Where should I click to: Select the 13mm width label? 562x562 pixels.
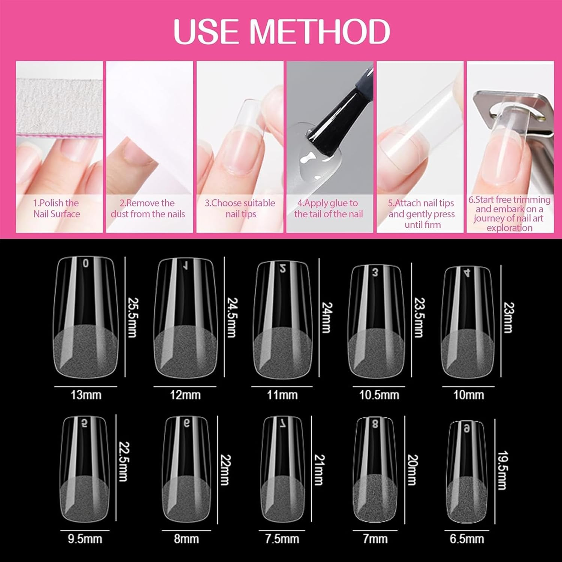click(86, 395)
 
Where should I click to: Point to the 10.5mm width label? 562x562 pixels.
click(379, 395)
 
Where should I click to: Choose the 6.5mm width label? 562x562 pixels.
click(467, 539)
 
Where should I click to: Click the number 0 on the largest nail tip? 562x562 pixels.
click(86, 264)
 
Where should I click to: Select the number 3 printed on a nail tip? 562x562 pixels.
click(375, 273)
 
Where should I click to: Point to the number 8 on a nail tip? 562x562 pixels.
click(375, 424)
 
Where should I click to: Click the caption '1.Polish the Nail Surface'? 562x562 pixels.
click(56, 209)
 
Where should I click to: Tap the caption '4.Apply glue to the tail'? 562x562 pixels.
click(328, 209)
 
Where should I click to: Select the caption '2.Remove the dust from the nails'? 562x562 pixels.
click(148, 209)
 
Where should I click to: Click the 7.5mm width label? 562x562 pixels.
click(282, 539)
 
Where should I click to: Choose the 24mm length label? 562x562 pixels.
click(327, 317)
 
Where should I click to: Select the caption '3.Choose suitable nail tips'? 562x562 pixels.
click(240, 209)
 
